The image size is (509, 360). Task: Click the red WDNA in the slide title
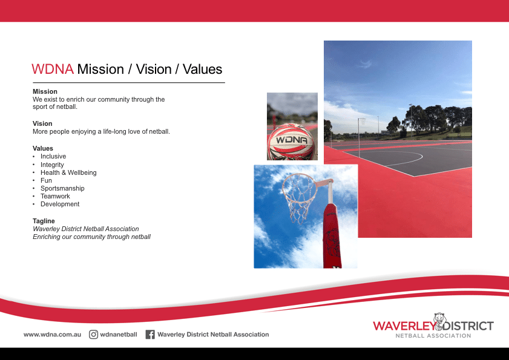point(53,69)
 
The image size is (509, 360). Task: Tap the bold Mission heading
point(45,92)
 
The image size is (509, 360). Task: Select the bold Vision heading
point(42,123)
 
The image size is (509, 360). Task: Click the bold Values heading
point(43,148)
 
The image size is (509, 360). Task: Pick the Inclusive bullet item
point(53,156)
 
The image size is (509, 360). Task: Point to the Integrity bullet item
point(52,165)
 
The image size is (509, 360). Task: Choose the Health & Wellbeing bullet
point(68,172)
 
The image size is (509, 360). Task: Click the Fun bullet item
point(46,180)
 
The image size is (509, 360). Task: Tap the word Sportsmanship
point(62,188)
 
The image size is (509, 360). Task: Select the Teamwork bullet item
point(55,196)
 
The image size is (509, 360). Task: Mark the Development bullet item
point(60,204)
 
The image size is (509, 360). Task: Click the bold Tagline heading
point(44,221)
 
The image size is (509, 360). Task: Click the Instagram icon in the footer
point(94,334)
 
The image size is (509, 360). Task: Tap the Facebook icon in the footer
point(150,334)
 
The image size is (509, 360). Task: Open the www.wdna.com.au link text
point(52,334)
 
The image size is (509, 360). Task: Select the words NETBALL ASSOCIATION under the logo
point(433,336)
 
